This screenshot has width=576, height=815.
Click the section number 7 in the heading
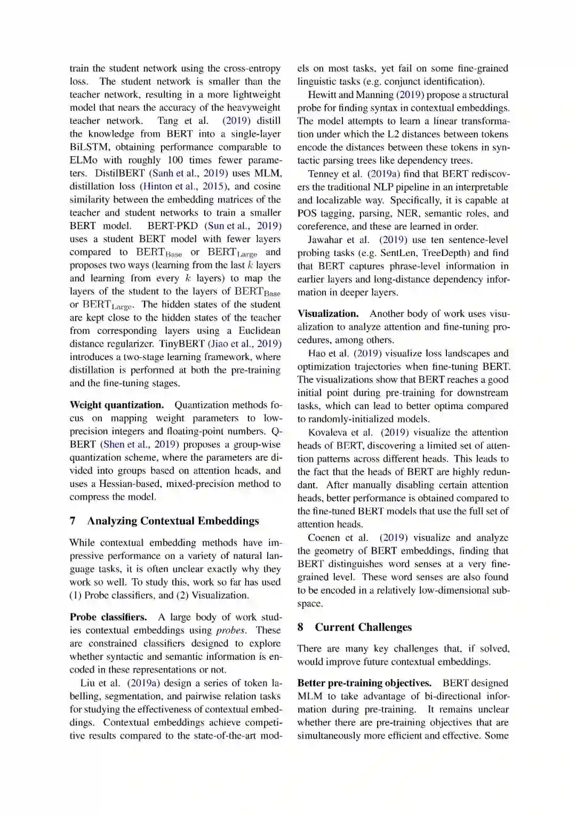coord(73,521)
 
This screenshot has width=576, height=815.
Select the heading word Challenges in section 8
coord(383,627)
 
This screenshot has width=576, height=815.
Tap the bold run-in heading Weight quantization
coord(117,405)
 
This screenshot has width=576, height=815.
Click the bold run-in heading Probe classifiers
coord(108,617)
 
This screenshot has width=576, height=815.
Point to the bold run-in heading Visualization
coord(328,314)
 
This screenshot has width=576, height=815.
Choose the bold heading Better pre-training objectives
coord(364,683)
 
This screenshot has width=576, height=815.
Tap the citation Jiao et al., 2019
coord(245,344)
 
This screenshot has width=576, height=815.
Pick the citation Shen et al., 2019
coord(140,444)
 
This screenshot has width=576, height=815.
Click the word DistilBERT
coord(120,173)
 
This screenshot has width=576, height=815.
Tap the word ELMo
coord(83,160)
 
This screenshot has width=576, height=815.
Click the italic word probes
coord(230,630)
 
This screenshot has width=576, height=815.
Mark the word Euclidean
coord(259,331)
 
